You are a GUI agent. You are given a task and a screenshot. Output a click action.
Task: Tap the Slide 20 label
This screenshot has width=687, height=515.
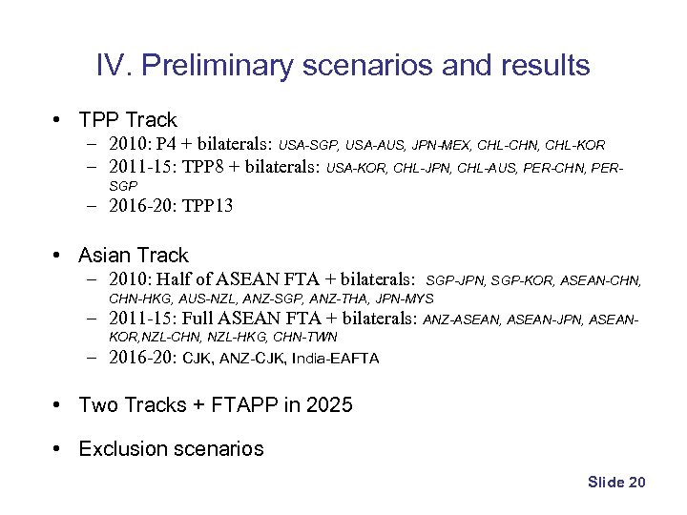click(x=616, y=483)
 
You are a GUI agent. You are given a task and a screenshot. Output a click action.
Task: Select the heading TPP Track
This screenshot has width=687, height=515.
click(x=128, y=120)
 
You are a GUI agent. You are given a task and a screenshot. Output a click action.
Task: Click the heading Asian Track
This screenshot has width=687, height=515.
click(x=134, y=256)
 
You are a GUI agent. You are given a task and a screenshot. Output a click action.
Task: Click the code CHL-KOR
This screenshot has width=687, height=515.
click(x=577, y=146)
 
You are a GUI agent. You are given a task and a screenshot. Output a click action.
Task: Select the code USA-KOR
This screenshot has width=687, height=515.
click(x=357, y=169)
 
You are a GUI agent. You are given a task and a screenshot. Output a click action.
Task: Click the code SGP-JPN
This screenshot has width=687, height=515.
click(x=456, y=281)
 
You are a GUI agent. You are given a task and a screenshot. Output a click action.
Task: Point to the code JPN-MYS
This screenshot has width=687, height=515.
click(x=405, y=299)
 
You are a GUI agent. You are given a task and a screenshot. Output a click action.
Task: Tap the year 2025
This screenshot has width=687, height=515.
click(x=329, y=405)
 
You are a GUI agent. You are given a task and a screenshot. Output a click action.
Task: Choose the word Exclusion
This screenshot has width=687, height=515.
click(x=121, y=449)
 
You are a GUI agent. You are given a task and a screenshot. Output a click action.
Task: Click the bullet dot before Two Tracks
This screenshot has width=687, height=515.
click(x=59, y=405)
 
